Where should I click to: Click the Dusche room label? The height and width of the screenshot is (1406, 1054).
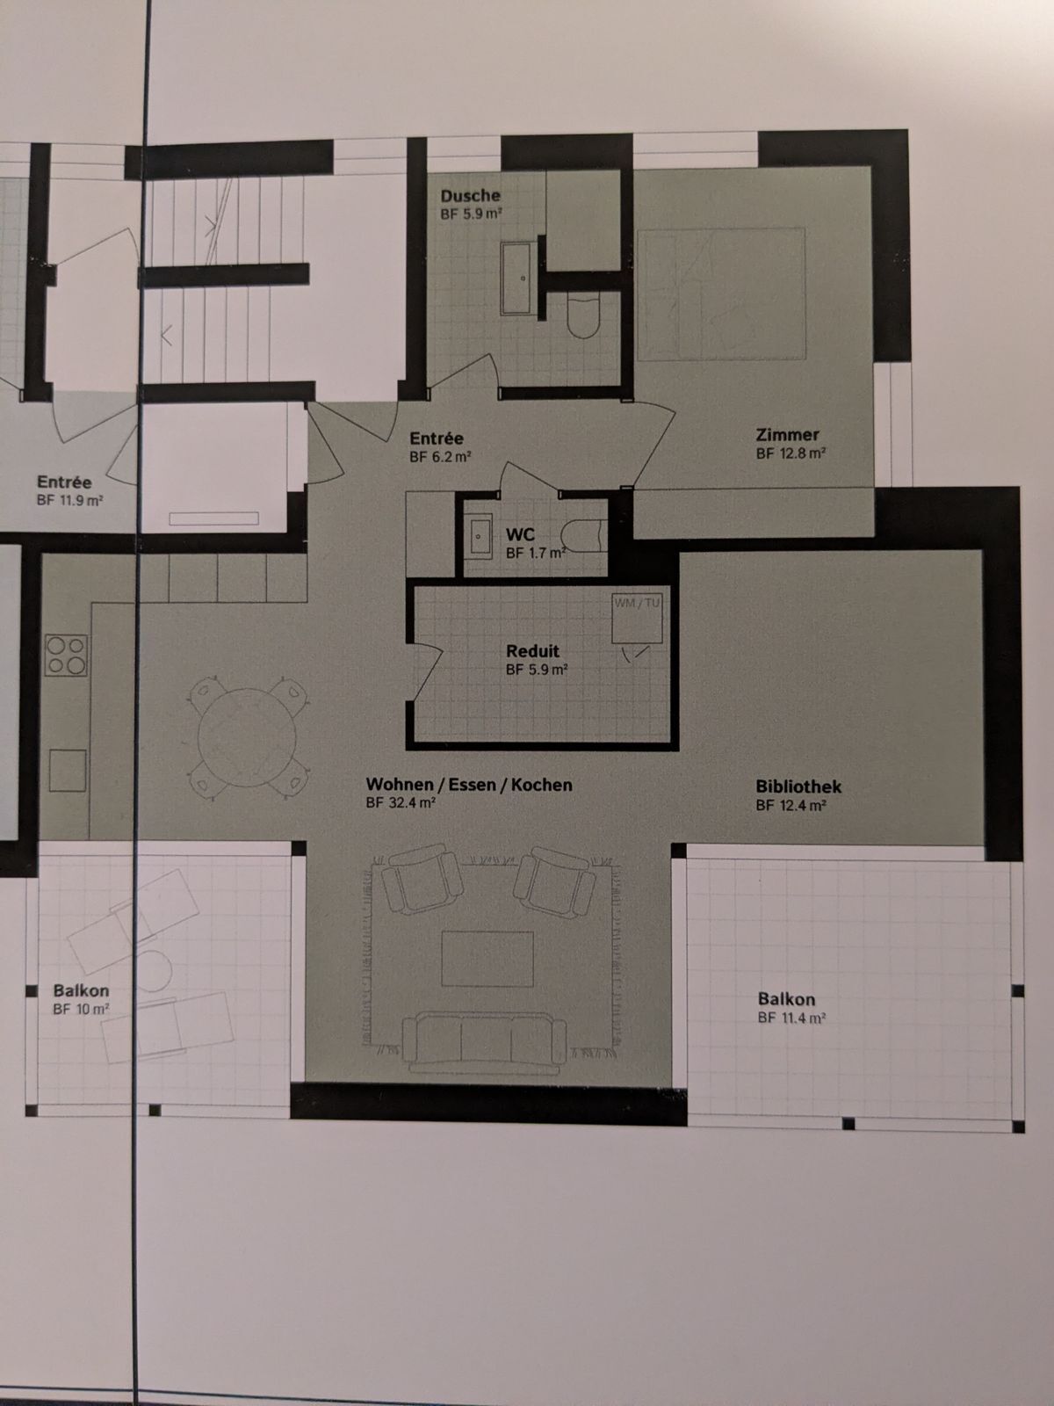click(470, 196)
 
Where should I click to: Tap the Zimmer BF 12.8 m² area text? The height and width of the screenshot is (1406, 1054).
click(790, 454)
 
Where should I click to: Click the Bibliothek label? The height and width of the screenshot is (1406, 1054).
click(798, 786)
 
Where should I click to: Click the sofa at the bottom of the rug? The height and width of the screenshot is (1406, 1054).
click(482, 1043)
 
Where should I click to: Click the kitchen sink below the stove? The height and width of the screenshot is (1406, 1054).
click(67, 771)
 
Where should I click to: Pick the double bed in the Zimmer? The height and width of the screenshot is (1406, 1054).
click(720, 294)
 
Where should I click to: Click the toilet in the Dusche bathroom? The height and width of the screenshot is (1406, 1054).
click(582, 317)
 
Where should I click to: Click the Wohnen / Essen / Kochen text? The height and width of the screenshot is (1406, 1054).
click(469, 785)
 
